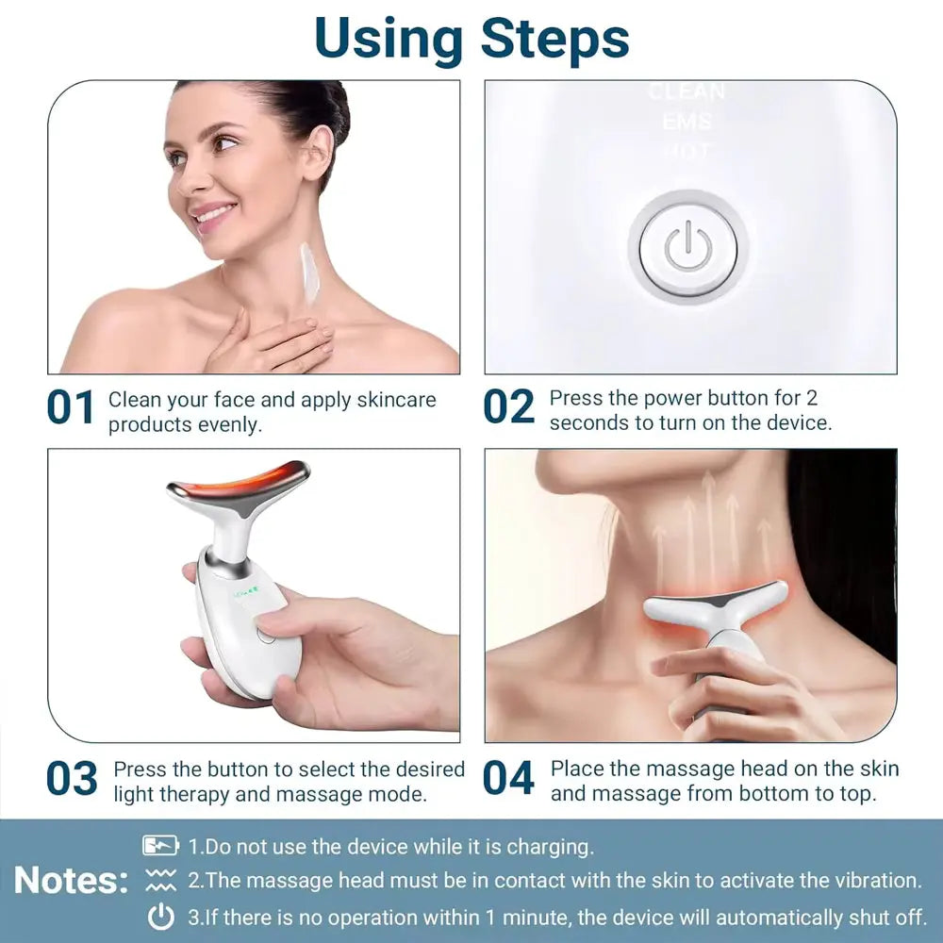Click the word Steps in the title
554,39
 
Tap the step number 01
71,408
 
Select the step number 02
509,408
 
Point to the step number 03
72,779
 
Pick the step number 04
509,779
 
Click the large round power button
688,248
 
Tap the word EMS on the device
687,122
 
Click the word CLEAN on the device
687,92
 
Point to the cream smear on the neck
306,273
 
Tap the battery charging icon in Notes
161,846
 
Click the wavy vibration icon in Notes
161,881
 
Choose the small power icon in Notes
161,917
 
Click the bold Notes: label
72,881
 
